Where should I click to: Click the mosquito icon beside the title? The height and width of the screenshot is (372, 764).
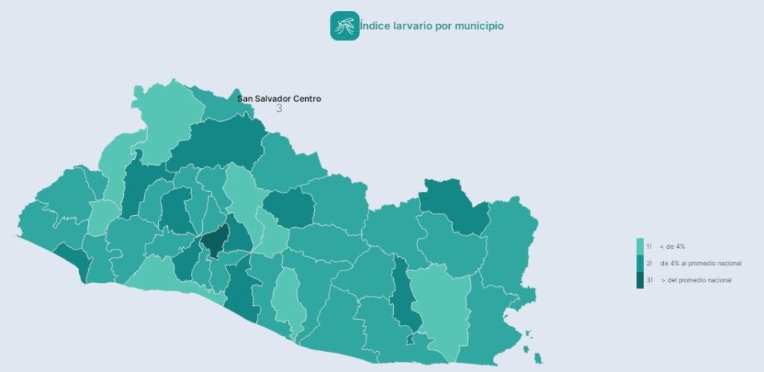pos(345,26)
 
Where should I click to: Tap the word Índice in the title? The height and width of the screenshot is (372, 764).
pos(375,26)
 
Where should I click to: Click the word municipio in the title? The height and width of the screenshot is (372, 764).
pos(483,26)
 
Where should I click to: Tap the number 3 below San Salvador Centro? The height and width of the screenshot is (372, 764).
pos(279,109)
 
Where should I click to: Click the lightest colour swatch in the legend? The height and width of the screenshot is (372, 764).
pos(640,247)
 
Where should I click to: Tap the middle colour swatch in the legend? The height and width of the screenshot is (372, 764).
pos(640,263)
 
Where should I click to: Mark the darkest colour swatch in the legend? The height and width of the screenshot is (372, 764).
pos(640,280)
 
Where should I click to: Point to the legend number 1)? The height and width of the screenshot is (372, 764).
pos(649,247)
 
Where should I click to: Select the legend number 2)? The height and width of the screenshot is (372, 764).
pos(649,263)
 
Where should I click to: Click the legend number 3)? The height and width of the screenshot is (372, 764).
pos(649,280)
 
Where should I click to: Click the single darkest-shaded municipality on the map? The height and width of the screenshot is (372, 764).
pos(213,243)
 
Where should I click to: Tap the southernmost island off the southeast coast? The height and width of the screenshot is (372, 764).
pos(538,359)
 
